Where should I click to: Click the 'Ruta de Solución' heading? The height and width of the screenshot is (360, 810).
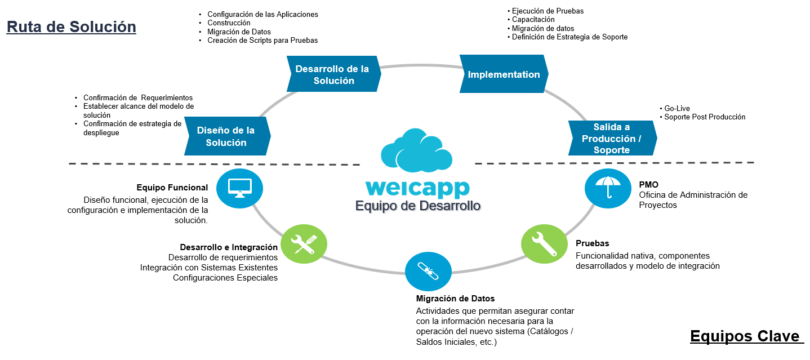tap(71, 26)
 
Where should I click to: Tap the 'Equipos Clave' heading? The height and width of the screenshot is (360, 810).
tap(746, 336)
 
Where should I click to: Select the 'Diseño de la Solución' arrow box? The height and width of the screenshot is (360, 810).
tap(226, 136)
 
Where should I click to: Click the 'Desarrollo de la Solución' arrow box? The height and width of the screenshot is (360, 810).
tap(332, 74)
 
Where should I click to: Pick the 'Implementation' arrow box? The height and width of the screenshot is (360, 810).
tap(504, 74)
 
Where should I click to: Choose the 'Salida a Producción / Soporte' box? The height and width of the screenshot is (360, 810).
tap(612, 138)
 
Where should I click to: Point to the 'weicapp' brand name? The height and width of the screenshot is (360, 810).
tap(417, 188)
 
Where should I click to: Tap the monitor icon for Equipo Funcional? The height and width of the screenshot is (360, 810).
tap(240, 188)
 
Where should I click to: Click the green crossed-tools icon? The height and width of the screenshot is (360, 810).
tap(304, 244)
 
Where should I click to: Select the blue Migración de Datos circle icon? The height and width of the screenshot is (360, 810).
tap(428, 271)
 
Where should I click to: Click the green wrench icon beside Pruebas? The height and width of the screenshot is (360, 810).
tap(544, 244)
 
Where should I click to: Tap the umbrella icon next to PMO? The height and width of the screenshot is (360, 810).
tap(608, 188)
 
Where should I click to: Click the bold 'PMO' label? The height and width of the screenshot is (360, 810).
tap(648, 185)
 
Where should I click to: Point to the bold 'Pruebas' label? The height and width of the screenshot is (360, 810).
tap(592, 244)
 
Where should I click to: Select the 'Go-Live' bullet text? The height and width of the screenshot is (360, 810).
tap(677, 108)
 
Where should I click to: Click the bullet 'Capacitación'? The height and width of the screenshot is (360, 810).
tap(533, 20)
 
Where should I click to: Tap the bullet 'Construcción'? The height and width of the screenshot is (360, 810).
tap(229, 23)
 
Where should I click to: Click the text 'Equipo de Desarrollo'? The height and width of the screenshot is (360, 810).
tap(417, 206)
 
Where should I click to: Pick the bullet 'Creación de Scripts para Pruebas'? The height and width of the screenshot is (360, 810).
tap(262, 41)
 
